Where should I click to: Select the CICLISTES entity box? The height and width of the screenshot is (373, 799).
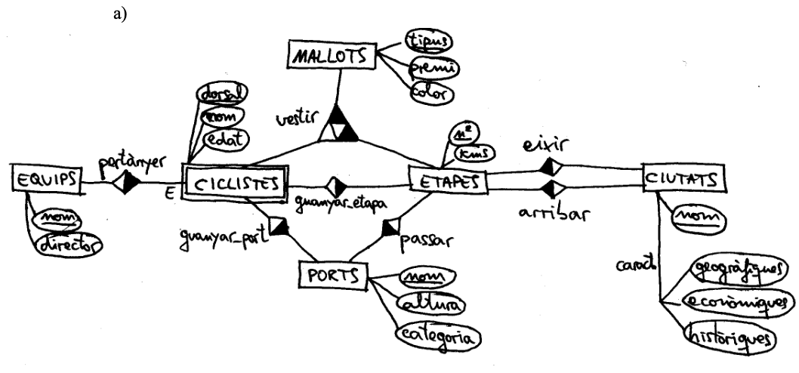pyautogui.click(x=236, y=184)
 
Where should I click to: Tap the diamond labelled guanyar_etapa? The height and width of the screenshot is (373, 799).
pyautogui.click(x=335, y=186)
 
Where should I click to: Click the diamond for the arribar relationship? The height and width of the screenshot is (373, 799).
pyautogui.click(x=550, y=187)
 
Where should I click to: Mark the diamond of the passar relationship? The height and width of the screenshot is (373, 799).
pyautogui.click(x=392, y=226)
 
